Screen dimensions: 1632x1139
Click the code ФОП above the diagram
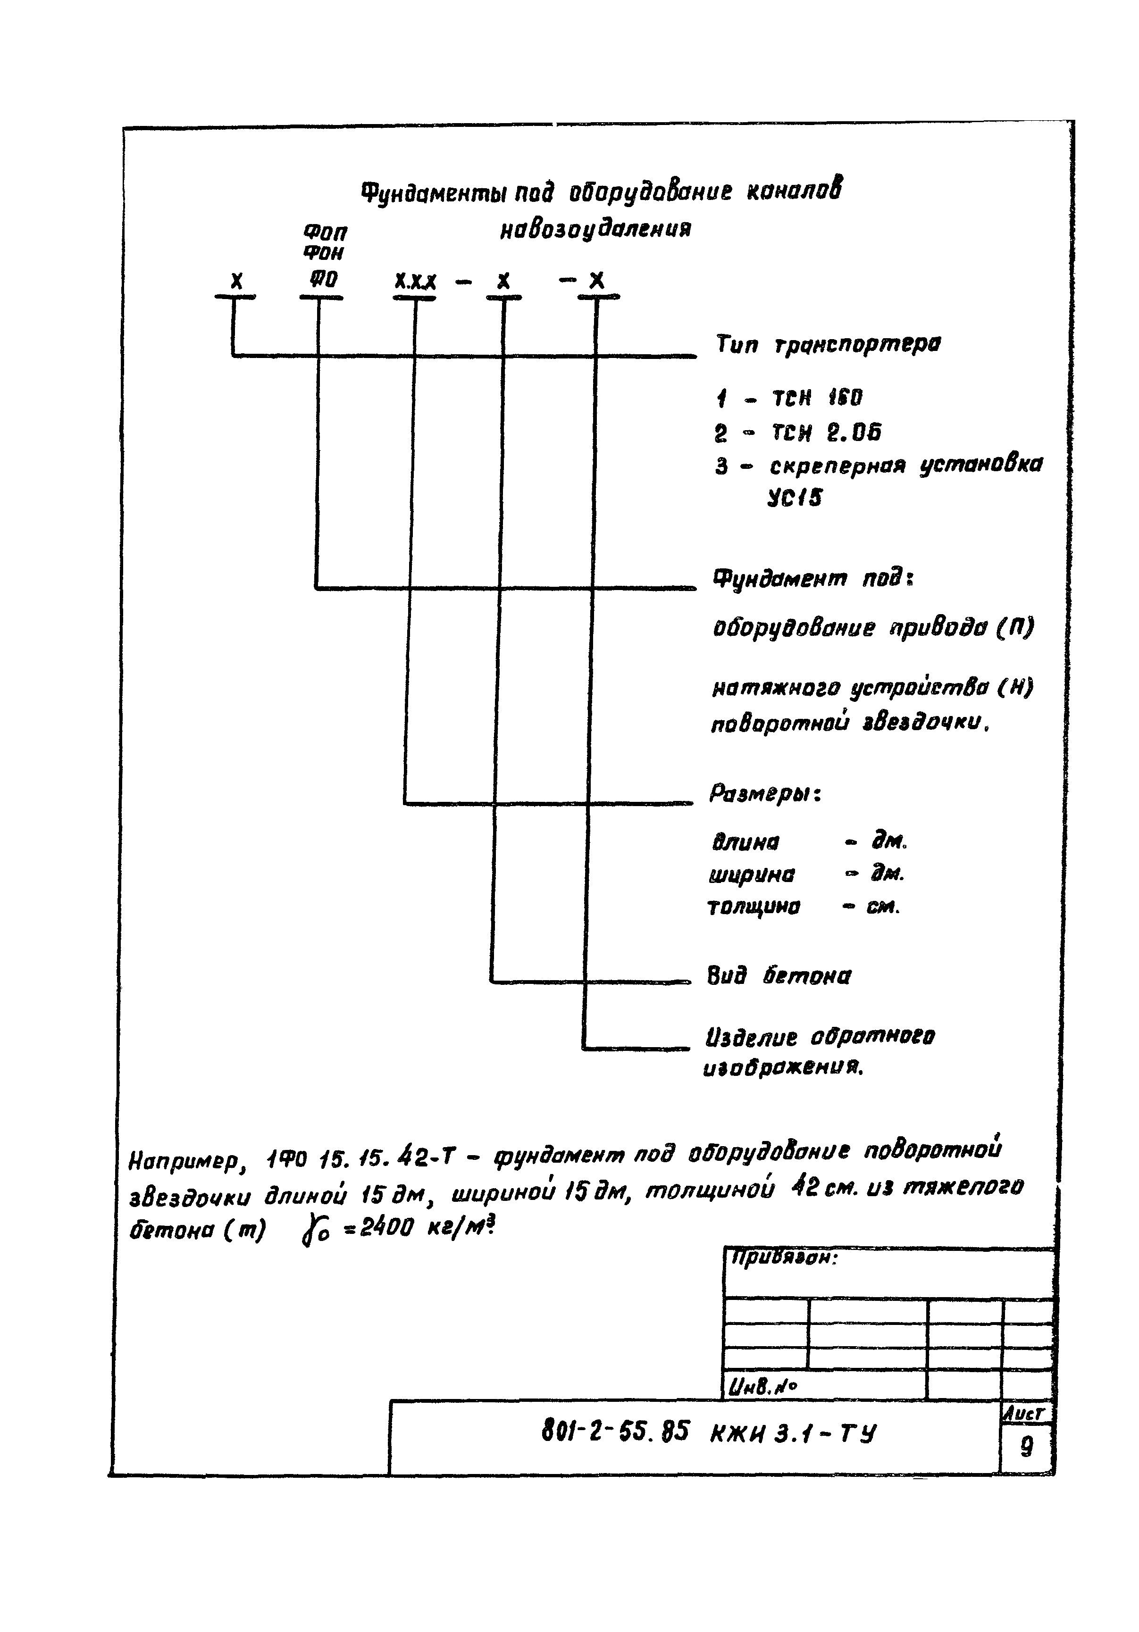325,233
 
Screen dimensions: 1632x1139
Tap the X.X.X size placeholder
415,282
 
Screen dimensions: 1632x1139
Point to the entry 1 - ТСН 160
789,398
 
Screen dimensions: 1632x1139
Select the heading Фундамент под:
812,579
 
